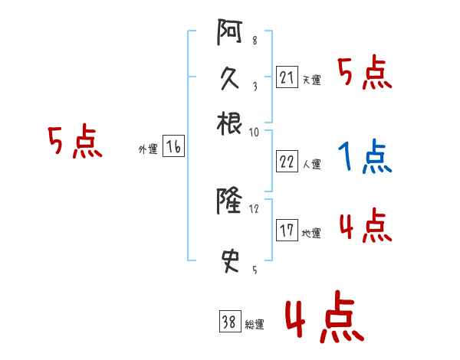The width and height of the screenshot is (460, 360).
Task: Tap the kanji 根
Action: (229, 122)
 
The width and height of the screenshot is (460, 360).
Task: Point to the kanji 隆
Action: (229, 202)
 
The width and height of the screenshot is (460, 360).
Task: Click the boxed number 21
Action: (287, 78)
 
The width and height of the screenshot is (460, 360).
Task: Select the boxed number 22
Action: (287, 162)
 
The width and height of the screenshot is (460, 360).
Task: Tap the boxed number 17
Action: (287, 231)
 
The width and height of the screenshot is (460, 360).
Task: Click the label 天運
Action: (311, 80)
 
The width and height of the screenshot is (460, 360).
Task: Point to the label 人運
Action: (311, 164)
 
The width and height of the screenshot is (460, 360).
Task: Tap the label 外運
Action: (148, 149)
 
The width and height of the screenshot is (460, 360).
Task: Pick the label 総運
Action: (255, 325)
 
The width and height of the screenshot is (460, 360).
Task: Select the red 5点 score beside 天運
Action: (366, 74)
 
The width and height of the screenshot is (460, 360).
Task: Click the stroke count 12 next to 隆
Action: (255, 208)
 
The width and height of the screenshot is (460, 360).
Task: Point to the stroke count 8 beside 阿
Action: (255, 41)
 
